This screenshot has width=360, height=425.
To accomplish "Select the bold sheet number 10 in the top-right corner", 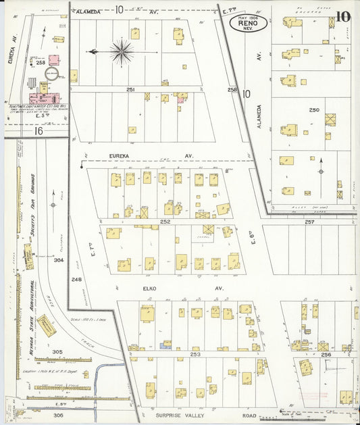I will click(344, 17).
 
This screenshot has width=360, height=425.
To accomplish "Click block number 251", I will click(130, 89).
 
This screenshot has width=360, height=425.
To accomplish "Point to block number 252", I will click(165, 221).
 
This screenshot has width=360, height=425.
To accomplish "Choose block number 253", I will click(196, 353).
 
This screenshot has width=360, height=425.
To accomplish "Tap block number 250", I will click(313, 109).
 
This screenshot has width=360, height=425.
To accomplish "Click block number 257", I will click(309, 222).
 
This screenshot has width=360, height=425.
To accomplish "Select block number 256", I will click(326, 354).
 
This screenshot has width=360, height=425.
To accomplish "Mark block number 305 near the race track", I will click(57, 352).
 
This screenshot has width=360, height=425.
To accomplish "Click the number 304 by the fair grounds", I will click(58, 259).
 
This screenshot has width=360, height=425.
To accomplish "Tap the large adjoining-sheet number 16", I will click(38, 130).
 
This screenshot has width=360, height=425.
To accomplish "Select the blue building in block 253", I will click(165, 345).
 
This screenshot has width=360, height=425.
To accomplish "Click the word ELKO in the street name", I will click(149, 289).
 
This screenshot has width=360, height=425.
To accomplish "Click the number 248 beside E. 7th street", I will click(76, 279).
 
